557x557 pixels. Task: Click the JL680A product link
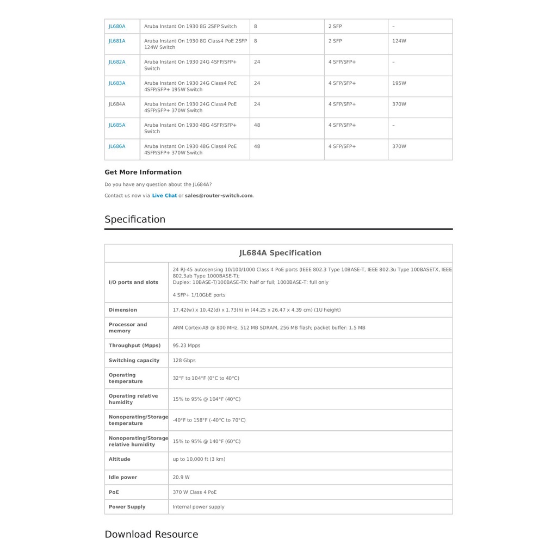[117, 26]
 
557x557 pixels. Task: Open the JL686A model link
[117, 146]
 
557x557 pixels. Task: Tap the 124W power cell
[399, 41]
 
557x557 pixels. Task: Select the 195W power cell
[399, 83]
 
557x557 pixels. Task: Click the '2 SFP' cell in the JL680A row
[335, 26]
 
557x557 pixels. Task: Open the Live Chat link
[164, 196]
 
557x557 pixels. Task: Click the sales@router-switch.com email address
[219, 196]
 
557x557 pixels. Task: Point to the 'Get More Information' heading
[143, 172]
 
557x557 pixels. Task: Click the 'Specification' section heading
[135, 220]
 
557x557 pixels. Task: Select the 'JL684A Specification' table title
[280, 253]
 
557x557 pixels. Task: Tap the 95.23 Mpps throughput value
[187, 345]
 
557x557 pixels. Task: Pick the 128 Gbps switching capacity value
[184, 361]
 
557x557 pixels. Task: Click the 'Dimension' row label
[123, 310]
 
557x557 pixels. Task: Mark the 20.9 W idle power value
[181, 478]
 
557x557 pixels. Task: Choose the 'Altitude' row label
[120, 459]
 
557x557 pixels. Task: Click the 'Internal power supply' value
[199, 507]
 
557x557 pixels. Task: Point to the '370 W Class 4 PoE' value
[195, 492]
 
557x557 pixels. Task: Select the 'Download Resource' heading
[151, 535]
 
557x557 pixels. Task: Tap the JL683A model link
[117, 83]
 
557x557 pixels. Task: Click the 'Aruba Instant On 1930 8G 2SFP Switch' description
[190, 26]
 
